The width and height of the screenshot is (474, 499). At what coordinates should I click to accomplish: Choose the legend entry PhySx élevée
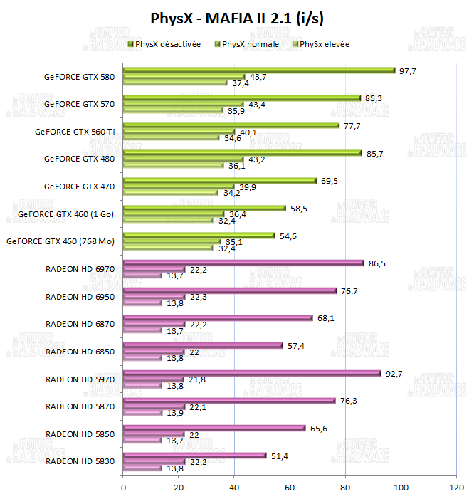click(325, 44)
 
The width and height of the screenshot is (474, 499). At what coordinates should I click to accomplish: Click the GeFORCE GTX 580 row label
click(79, 76)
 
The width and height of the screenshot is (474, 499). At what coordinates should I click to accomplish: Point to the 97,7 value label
click(407, 70)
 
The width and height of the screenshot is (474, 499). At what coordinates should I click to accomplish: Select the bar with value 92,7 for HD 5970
click(252, 373)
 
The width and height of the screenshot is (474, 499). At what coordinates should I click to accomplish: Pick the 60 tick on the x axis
click(290, 488)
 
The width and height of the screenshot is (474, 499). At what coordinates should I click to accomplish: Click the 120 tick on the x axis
click(456, 488)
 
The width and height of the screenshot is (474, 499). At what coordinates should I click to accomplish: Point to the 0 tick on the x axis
click(124, 488)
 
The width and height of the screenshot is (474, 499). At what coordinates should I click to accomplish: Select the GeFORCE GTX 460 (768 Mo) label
click(60, 241)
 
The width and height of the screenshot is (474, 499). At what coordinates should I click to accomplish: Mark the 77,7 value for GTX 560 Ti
click(352, 125)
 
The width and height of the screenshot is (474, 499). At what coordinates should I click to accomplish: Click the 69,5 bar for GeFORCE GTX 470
click(220, 181)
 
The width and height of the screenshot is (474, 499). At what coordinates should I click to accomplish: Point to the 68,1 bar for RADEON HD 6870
click(218, 318)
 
